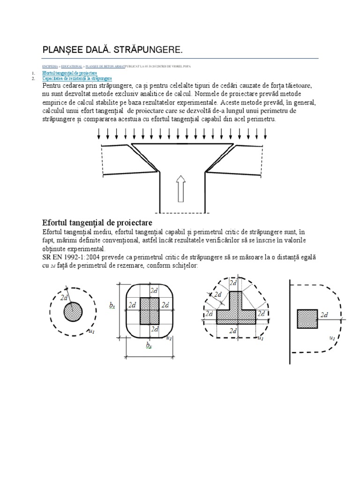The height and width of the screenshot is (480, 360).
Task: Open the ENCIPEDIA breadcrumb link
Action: coord(50,67)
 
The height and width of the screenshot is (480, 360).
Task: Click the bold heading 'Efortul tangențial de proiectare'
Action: coord(97,222)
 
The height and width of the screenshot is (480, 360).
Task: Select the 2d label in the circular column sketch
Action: coord(65,297)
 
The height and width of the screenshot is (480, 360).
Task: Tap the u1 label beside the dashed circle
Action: coord(92,331)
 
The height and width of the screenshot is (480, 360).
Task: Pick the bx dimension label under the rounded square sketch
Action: coord(149,346)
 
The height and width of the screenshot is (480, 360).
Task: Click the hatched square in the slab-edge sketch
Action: coord(307,318)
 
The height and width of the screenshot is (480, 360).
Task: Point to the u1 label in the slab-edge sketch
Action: coord(332,337)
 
